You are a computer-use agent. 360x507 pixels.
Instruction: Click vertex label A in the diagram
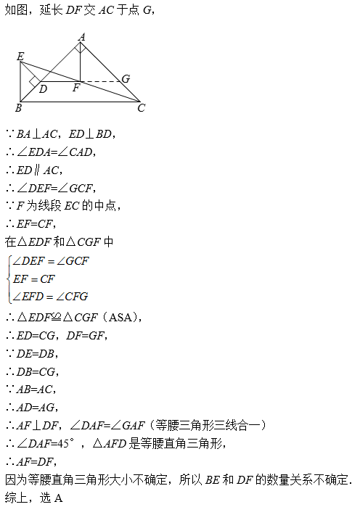tap(82, 37)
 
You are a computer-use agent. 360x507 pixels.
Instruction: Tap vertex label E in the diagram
tap(20, 57)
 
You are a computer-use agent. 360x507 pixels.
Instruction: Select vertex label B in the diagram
tap(18, 107)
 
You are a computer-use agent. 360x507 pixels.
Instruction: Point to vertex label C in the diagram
tap(141, 107)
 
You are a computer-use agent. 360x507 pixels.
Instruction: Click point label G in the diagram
tap(126, 78)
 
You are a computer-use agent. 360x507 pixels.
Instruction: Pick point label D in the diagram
tap(43, 89)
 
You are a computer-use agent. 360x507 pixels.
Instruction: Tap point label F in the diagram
tap(76, 88)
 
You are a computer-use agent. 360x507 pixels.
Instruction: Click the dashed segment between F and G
tap(101, 81)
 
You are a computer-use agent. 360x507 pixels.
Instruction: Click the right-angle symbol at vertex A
tap(81, 48)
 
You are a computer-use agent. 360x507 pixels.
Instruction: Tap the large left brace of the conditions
tap(9, 279)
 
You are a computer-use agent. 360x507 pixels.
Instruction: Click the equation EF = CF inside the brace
tap(33, 279)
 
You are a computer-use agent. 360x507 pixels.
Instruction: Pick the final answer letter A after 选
tap(58, 498)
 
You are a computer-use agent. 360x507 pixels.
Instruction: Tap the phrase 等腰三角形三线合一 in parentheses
tap(208, 425)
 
